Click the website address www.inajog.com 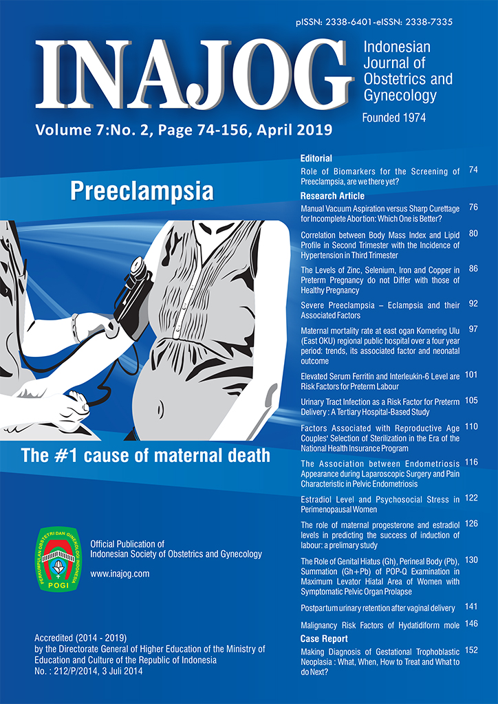click(120, 573)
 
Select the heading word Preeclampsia click(142, 190)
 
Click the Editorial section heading click(316, 158)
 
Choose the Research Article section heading click(332, 196)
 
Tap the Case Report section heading click(323, 639)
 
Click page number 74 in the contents click(473, 170)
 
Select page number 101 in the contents click(471, 375)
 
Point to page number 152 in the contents click(471, 650)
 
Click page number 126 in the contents click(471, 523)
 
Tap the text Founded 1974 click(394, 118)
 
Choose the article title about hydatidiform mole click(380, 625)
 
